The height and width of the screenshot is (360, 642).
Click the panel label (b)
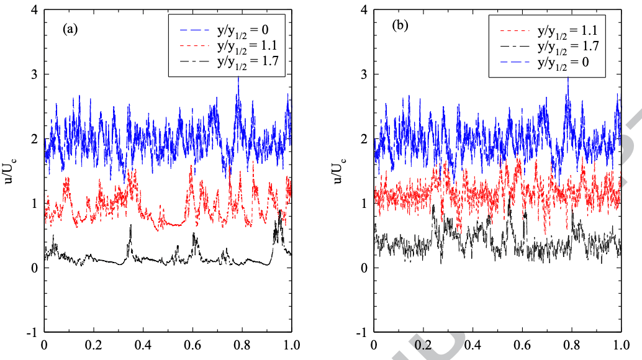pyautogui.click(x=399, y=29)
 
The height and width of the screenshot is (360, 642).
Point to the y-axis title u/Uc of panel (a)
pyautogui.click(x=9, y=170)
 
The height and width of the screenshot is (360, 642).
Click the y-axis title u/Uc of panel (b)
pyautogui.click(x=339, y=170)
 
